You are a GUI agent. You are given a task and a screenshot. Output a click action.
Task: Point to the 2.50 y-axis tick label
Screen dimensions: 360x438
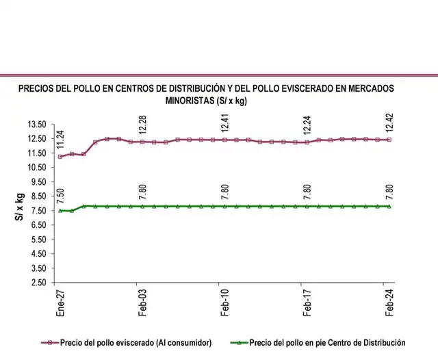click(x=38, y=282)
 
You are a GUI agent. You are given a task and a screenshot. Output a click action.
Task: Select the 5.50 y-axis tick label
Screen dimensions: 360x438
click(x=38, y=240)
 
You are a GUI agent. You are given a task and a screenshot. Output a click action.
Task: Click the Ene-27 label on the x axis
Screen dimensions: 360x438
click(x=60, y=300)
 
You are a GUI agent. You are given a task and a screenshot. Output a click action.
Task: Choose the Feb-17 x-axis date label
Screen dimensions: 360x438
click(x=307, y=300)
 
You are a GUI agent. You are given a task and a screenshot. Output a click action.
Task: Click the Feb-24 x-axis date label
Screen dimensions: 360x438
click(x=389, y=300)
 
